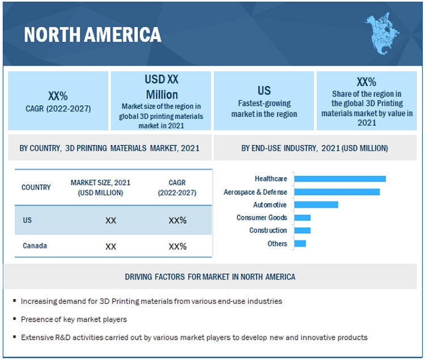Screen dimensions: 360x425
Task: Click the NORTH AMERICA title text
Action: (x=92, y=35)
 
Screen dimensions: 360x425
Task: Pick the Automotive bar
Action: (x=316, y=205)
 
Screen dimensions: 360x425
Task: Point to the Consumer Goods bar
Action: (x=303, y=217)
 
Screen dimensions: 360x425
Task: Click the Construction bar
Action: (x=303, y=230)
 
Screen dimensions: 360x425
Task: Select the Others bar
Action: (x=300, y=243)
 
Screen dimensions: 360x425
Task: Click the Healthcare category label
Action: (x=271, y=179)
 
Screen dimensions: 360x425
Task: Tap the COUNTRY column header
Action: (x=36, y=187)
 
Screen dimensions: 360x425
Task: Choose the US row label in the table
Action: (x=28, y=220)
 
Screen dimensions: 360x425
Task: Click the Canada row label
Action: (x=35, y=246)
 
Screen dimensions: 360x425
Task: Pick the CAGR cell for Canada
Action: (x=177, y=246)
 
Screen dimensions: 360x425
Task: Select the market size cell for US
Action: (x=110, y=220)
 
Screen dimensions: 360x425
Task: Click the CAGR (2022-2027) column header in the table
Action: (x=177, y=187)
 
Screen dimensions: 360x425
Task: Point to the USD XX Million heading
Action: (x=161, y=87)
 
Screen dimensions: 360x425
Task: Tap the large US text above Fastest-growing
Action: (x=264, y=90)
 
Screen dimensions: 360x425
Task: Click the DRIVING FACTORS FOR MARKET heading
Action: (x=210, y=277)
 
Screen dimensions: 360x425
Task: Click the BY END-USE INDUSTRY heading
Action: (x=314, y=148)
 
